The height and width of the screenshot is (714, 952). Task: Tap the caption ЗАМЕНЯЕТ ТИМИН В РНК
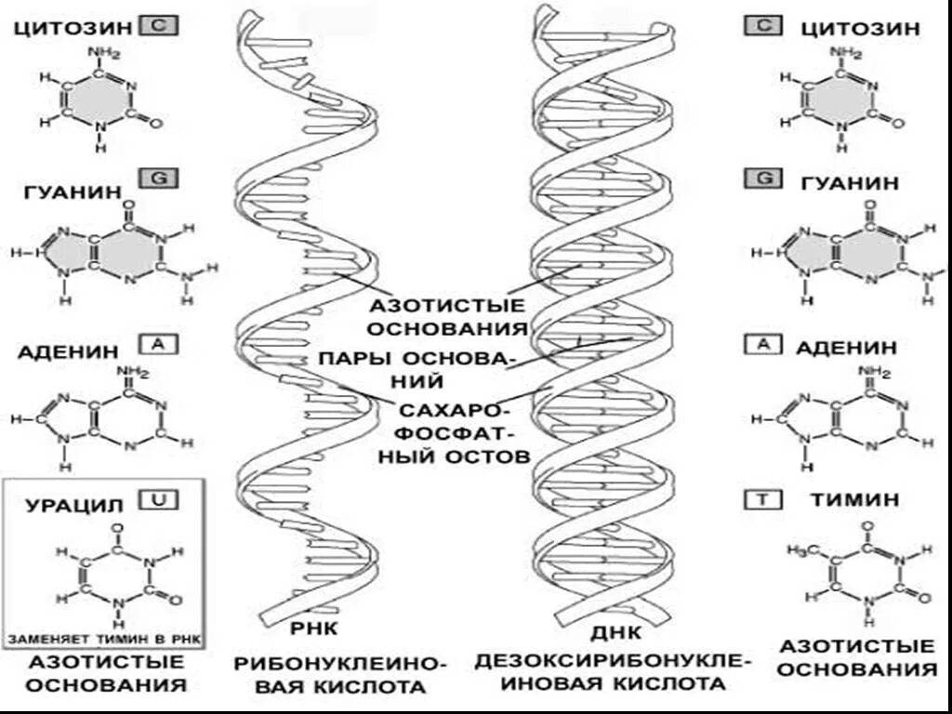coord(104,640)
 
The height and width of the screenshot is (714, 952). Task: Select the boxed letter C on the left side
coord(156,26)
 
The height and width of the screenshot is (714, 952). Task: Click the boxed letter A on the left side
coord(156,345)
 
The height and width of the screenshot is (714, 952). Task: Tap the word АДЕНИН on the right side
coord(846,348)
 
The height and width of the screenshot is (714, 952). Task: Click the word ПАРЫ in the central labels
coord(352,358)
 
